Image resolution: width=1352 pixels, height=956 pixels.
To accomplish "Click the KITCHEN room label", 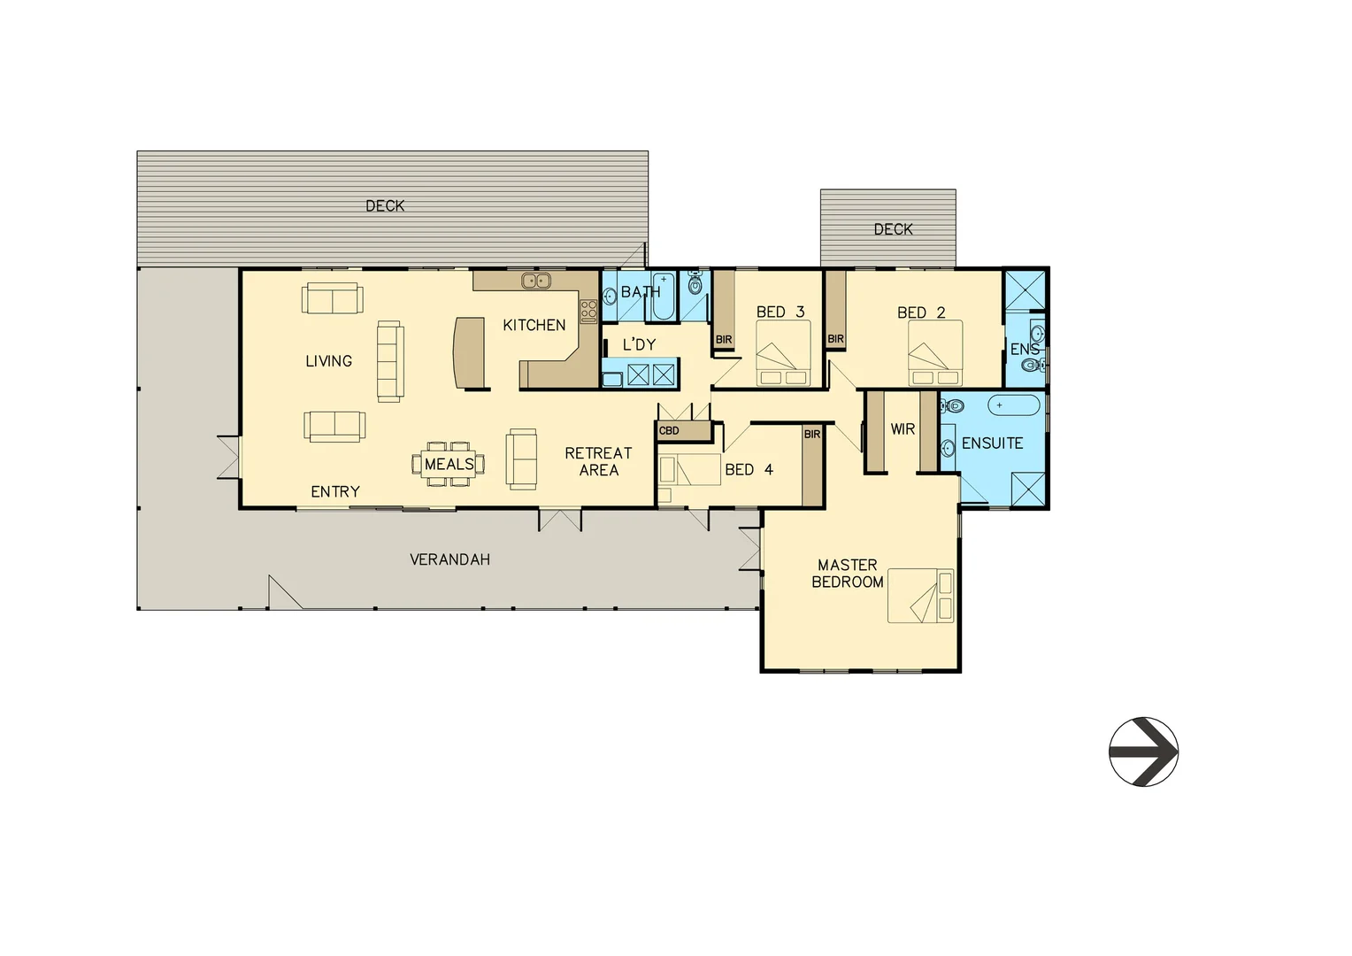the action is pos(534,325).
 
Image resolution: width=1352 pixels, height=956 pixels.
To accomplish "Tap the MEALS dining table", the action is pos(449,464).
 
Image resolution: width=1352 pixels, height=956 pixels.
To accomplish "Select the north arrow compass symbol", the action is pos(1143,752).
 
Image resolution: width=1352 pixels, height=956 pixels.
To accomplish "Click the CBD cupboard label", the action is pos(670,431).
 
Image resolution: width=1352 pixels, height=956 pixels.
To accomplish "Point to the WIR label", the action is pos(903,429).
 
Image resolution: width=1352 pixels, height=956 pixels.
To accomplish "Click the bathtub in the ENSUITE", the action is pos(1014,405).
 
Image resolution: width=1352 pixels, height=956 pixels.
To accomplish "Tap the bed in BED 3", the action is pos(783,352).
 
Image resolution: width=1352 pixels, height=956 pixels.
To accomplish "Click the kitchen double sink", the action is pos(535,281).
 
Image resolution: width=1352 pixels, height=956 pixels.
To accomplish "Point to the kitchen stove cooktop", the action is pos(588,311).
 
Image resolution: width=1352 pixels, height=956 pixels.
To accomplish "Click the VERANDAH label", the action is pos(449,559).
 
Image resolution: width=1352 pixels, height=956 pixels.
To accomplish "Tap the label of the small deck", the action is pos(893,229).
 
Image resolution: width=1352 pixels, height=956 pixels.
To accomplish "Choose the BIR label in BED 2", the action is pos(835,339).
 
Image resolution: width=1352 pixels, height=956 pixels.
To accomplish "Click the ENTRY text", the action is pos(335,491).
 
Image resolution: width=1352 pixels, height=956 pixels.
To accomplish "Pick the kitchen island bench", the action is pos(469,352).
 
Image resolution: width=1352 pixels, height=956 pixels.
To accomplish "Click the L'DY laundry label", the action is pos(639,344).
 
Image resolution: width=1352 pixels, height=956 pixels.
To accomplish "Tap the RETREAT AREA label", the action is pos(598,461).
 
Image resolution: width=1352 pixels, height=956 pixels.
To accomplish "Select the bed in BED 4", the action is pos(689,470).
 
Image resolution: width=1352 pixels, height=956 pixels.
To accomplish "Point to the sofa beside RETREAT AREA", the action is pos(522,459).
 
